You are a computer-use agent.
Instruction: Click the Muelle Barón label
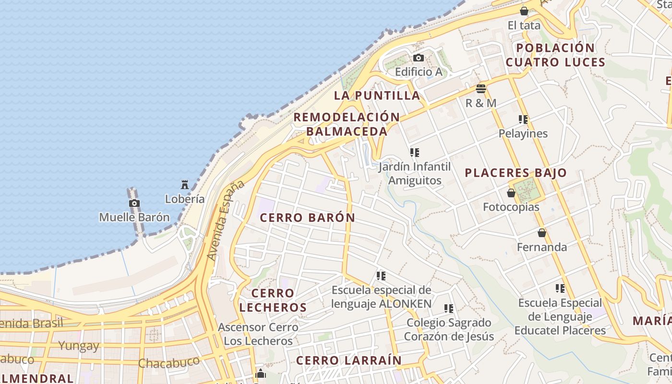[x=134, y=217]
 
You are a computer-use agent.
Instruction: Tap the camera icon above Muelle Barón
[x=134, y=204]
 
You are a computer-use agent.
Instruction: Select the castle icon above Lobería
[x=185, y=184]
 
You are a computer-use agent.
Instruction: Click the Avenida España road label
[x=225, y=221]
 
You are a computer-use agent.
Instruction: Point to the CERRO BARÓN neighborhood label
[x=307, y=217]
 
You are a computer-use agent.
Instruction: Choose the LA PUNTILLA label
[x=377, y=95]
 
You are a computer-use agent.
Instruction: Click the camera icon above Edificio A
[x=419, y=58]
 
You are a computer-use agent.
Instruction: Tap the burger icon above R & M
[x=481, y=89]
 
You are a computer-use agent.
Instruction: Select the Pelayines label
[x=523, y=133]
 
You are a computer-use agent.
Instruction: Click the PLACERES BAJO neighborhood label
[x=516, y=173]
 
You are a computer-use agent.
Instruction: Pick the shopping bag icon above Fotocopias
[x=511, y=193]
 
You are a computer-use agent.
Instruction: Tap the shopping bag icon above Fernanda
[x=542, y=233]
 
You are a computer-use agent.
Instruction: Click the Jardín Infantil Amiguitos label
[x=415, y=174]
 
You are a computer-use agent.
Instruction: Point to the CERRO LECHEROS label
[x=273, y=300]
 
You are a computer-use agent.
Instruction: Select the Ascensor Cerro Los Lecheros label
[x=258, y=334]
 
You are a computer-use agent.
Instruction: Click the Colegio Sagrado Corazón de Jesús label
[x=449, y=329]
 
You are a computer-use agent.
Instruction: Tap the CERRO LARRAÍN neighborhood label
[x=348, y=360]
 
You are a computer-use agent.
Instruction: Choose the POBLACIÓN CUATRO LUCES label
[x=555, y=55]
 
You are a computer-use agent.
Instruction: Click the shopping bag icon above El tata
[x=524, y=11]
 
